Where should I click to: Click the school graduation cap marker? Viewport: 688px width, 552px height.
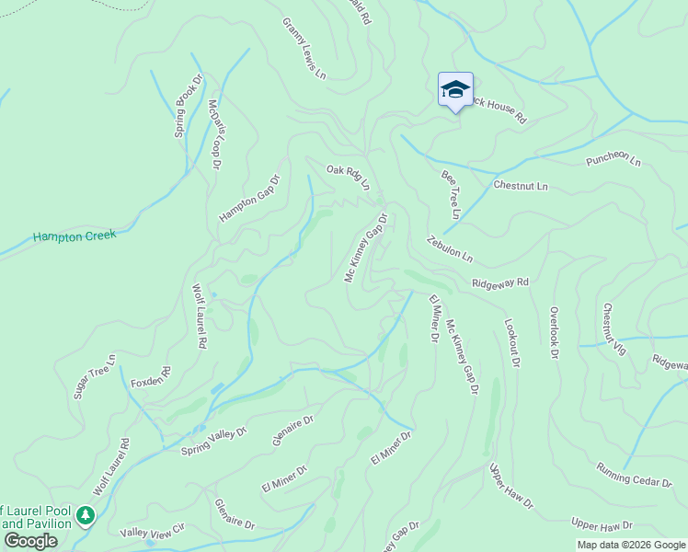pyautogui.click(x=455, y=90)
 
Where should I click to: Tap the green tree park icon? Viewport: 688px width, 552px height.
pyautogui.click(x=86, y=515)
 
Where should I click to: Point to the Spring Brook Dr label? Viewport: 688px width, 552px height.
pyautogui.click(x=183, y=110)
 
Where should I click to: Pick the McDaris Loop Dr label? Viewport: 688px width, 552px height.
pyautogui.click(x=215, y=135)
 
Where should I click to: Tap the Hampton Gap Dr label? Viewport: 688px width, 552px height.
pyautogui.click(x=248, y=197)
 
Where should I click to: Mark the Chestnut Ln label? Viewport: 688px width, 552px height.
pyautogui.click(x=520, y=186)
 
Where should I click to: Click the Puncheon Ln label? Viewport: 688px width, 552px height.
pyautogui.click(x=613, y=161)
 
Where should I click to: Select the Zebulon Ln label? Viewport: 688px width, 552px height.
pyautogui.click(x=449, y=248)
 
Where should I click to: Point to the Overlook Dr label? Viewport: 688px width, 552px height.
pyautogui.click(x=554, y=333)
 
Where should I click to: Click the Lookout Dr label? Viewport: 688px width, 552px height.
pyautogui.click(x=512, y=344)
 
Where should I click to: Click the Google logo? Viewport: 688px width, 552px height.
pyautogui.click(x=30, y=541)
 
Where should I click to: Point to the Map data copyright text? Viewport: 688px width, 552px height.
pyautogui.click(x=630, y=545)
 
